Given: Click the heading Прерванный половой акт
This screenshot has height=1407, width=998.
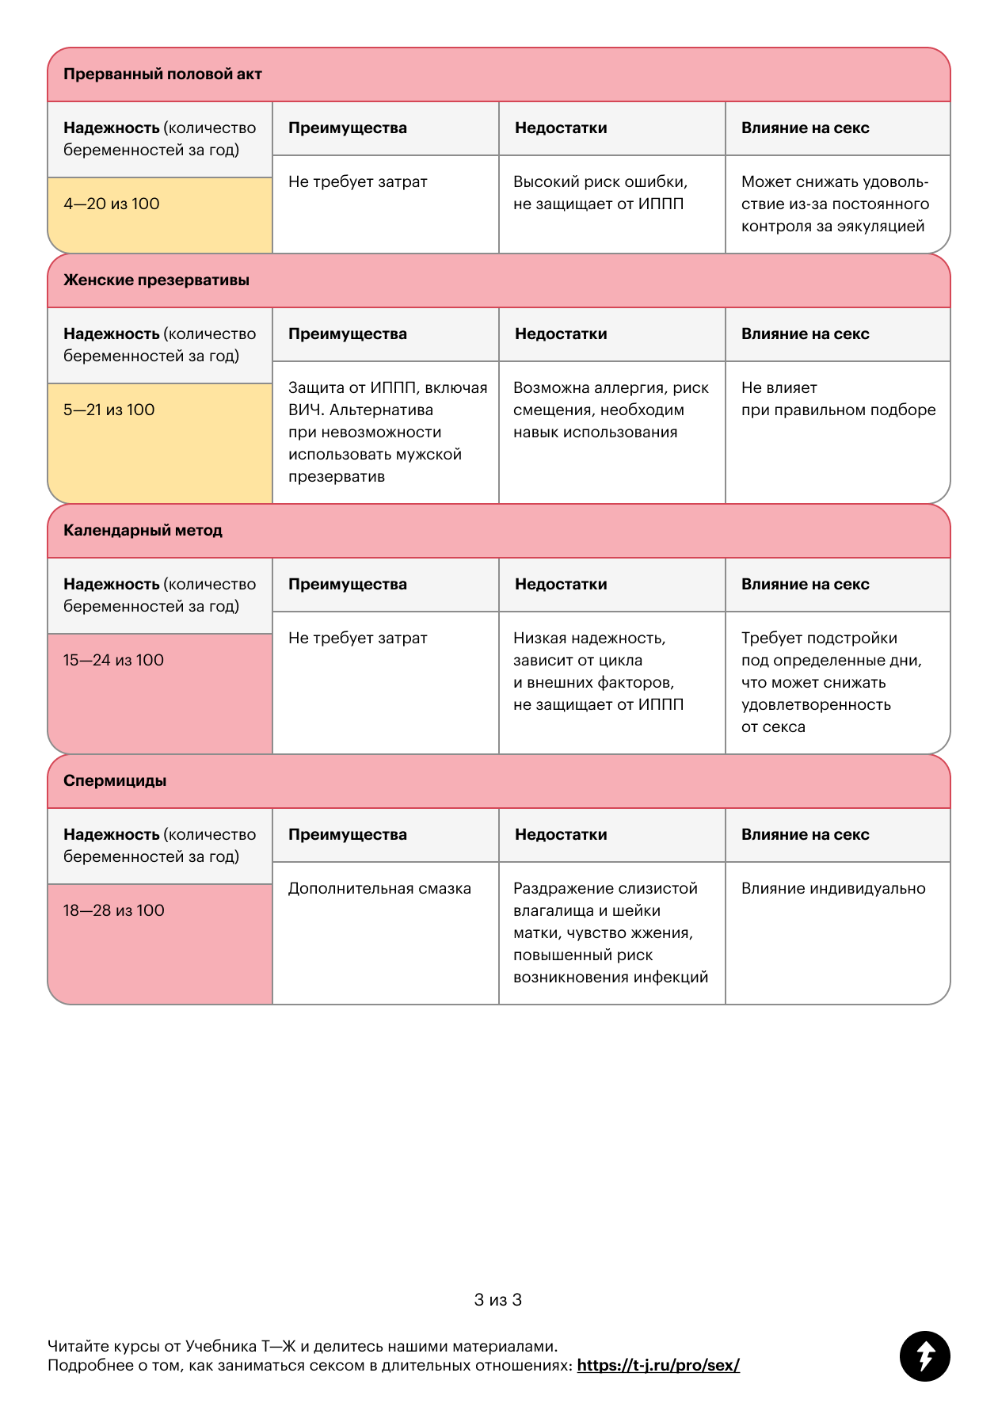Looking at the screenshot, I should pos(162,74).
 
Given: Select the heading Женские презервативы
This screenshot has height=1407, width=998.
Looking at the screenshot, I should pos(156,280).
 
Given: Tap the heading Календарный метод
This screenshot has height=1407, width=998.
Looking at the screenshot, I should pos(143,531).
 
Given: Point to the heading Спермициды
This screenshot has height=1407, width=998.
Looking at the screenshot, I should pos(115,781).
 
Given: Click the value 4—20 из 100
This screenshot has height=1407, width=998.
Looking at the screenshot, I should pos(112,204).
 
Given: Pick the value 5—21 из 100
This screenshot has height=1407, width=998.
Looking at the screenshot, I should pos(109,410).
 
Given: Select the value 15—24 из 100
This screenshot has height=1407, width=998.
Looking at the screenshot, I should pos(113,661).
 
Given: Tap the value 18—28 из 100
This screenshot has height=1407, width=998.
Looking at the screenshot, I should pos(114,911).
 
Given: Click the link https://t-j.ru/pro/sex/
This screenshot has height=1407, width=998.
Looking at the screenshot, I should pos(658,1365).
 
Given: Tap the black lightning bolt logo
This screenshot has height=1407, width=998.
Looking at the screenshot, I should pos(924,1356).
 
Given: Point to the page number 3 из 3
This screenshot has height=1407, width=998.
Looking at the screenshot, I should pos(498,1300).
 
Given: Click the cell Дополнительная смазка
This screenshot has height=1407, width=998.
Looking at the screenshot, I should pos(379,889).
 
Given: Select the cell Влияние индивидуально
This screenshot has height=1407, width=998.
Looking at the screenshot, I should pos(833,889).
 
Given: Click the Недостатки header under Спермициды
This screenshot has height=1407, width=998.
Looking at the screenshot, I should pos(561,835).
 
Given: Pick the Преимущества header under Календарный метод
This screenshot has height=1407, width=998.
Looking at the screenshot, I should pos(348,585).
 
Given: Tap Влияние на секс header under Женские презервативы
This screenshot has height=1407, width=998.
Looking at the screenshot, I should pos(805,334).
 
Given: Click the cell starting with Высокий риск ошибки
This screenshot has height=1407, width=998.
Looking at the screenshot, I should pos(600,193).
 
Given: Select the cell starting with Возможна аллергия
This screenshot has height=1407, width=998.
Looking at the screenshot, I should pos(611,410).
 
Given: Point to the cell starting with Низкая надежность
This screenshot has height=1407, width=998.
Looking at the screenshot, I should pos(598,672).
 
